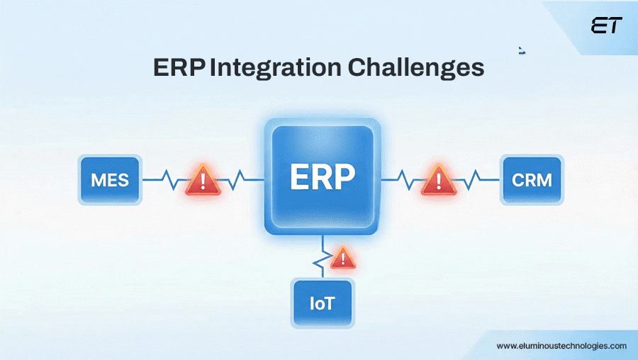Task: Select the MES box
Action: tap(110, 179)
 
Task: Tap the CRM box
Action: tap(532, 179)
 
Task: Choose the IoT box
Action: tap(321, 304)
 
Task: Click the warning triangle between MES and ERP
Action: tap(203, 180)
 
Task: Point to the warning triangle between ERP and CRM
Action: tap(439, 179)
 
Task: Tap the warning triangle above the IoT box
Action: tap(343, 257)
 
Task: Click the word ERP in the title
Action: tap(179, 69)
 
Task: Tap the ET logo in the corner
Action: tap(606, 26)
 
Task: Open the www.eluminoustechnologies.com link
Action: tap(561, 346)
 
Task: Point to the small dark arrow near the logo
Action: tap(522, 50)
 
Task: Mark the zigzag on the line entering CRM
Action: tap(477, 179)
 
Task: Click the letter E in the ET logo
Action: tap(599, 26)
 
